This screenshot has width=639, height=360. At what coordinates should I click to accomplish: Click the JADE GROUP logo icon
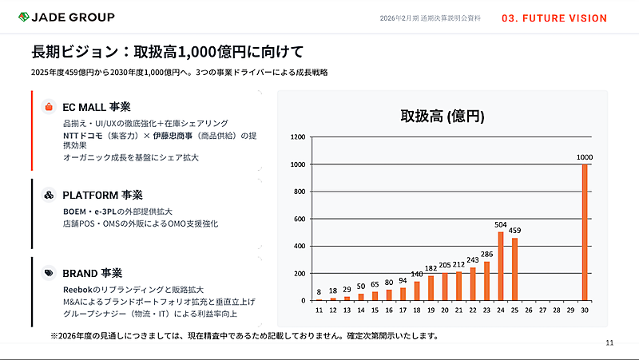25,18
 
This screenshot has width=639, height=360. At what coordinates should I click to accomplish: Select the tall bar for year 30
585,231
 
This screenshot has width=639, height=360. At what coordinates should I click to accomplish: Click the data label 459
514,231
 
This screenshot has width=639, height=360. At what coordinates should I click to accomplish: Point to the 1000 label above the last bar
585,157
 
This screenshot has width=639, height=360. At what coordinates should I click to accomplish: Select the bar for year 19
431,287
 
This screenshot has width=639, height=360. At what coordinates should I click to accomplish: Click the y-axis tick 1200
298,137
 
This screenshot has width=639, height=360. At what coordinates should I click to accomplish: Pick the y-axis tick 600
300,219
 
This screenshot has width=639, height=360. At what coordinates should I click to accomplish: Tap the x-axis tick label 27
542,310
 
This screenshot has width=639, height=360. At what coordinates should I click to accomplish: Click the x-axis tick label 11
319,310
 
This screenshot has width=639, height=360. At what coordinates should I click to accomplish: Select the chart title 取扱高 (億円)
443,117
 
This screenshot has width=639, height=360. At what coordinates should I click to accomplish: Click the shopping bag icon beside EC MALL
49,106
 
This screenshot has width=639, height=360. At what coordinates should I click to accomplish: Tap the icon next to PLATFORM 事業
49,195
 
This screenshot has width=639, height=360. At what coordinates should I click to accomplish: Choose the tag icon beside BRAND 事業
49,272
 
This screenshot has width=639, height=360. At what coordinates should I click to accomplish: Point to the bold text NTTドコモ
84,135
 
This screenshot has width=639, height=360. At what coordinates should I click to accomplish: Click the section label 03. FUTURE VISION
554,18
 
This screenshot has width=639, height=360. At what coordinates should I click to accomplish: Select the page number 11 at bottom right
609,343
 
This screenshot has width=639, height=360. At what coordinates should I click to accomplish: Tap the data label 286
486,254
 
